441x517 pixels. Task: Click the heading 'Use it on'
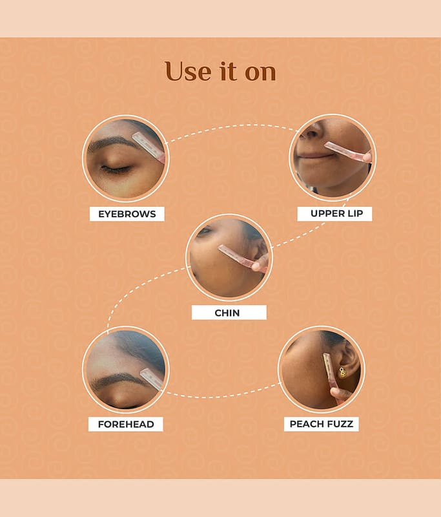coord(220,71)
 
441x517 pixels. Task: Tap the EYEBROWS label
coord(127,214)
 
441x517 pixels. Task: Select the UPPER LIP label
coord(334,214)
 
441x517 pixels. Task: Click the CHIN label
coord(229,313)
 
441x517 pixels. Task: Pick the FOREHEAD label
coord(126,424)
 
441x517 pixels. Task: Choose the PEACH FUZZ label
coord(322,424)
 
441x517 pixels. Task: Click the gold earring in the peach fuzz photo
coord(342,372)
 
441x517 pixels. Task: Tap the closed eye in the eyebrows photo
coord(116,169)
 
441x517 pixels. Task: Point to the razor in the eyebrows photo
coord(149,147)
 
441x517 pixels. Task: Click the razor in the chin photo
coord(242,258)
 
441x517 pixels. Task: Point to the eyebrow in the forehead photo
coord(119,380)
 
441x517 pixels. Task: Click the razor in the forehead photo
coord(152,379)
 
